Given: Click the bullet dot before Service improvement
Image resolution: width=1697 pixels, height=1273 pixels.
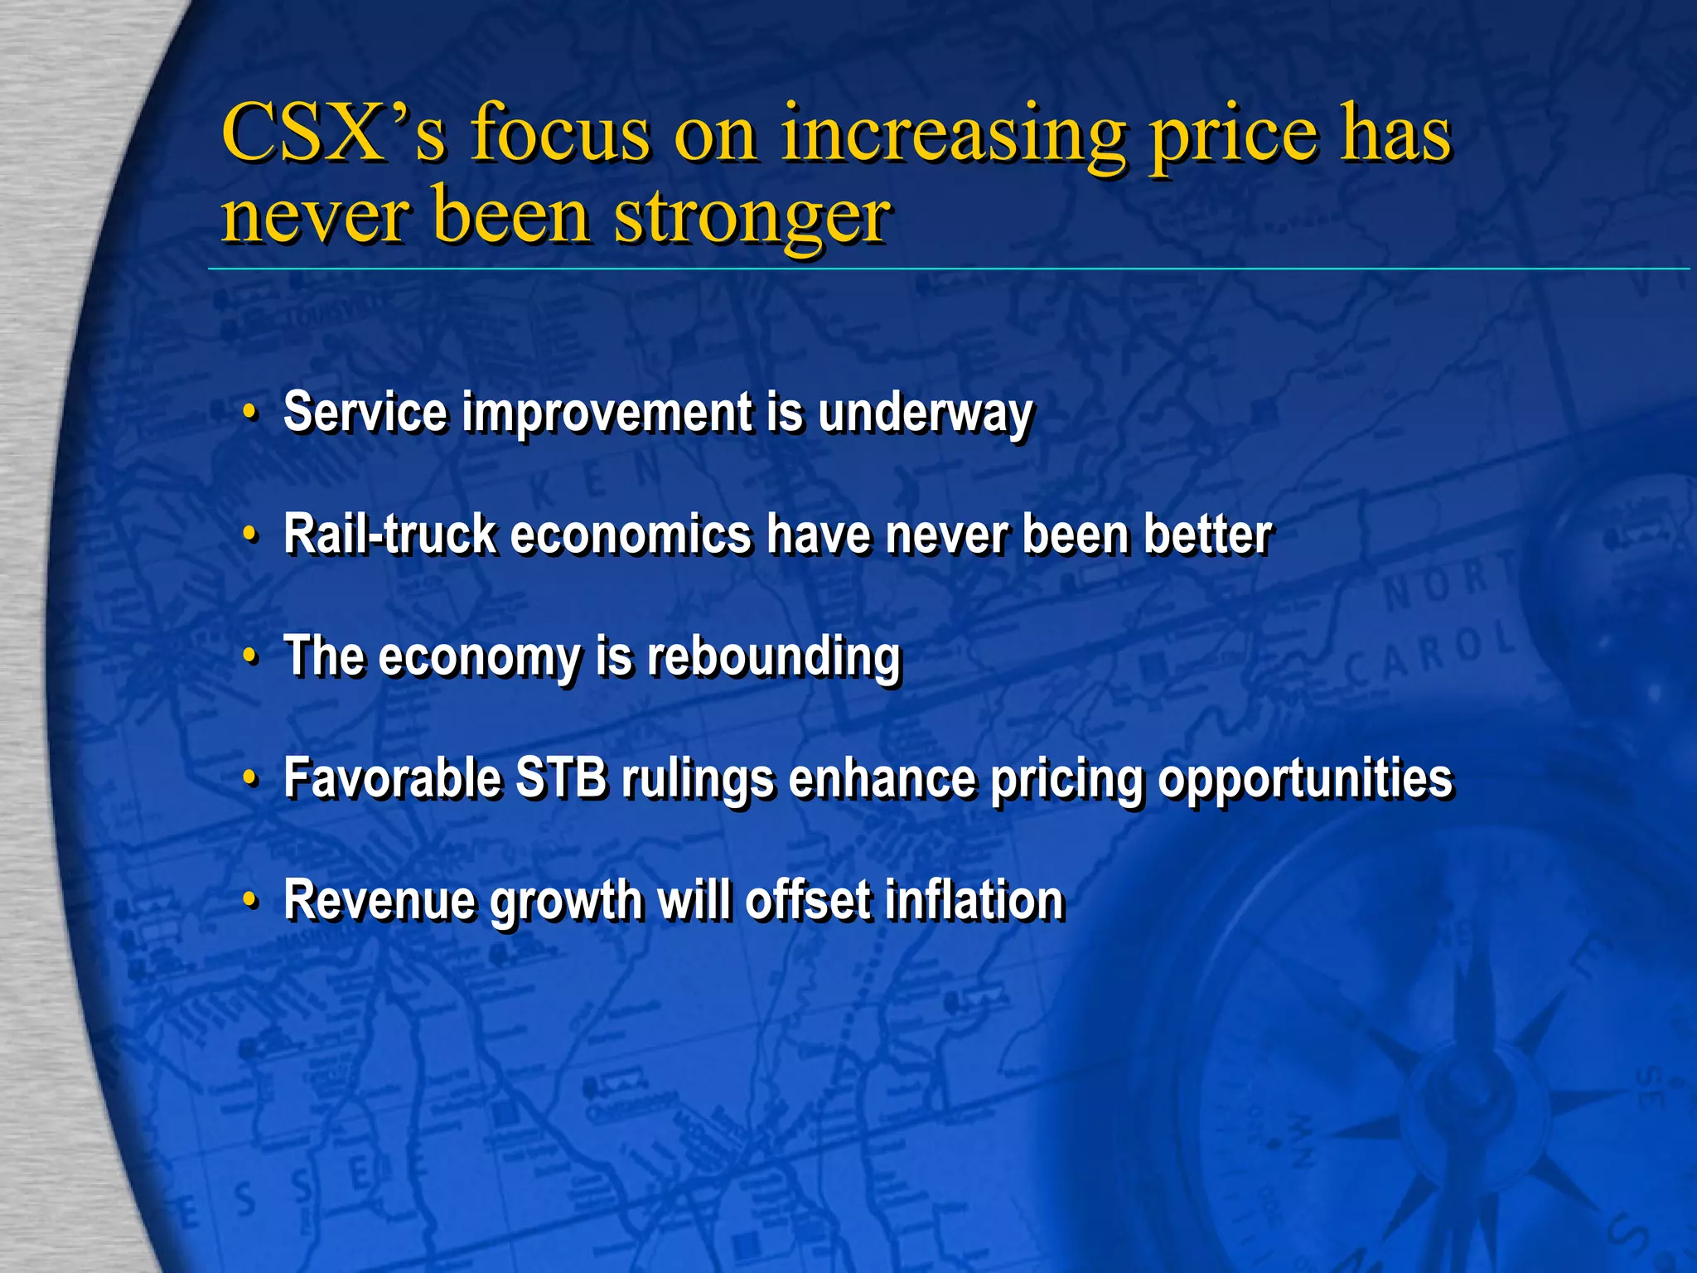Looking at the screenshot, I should tap(250, 412).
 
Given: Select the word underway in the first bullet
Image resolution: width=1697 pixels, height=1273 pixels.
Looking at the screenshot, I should tap(926, 412).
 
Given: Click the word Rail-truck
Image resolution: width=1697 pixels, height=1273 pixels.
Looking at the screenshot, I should tap(389, 534).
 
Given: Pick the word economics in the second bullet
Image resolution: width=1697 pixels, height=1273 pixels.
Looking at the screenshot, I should tap(631, 534).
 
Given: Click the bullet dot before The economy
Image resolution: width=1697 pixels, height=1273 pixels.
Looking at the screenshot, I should tap(250, 656).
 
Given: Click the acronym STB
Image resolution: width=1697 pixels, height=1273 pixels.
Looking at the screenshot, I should tap(561, 778).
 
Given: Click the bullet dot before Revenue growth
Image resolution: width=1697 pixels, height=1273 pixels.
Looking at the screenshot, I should tap(250, 900).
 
